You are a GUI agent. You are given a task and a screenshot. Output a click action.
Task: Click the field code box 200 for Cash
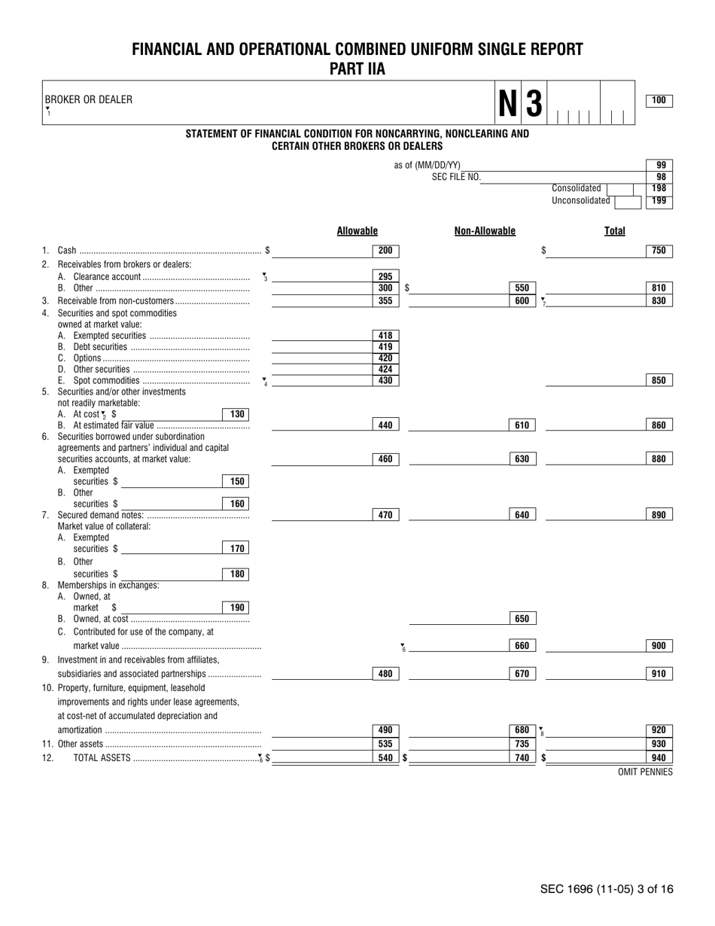(385, 251)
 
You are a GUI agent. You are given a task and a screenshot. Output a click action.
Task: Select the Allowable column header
(357, 231)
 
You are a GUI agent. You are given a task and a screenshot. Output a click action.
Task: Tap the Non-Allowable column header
(485, 231)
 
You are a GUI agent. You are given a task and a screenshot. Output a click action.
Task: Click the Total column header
(614, 231)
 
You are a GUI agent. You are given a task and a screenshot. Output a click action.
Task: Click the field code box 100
(659, 101)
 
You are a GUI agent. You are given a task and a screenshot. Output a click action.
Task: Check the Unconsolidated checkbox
(622, 201)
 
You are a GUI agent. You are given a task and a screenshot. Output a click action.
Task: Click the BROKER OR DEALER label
(88, 99)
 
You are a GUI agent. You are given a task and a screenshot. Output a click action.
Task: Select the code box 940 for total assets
(659, 758)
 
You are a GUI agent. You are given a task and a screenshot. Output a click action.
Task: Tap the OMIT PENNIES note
(645, 772)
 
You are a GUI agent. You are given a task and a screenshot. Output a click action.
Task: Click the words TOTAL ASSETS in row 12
(102, 758)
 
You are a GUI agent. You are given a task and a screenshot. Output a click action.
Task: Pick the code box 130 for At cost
(236, 414)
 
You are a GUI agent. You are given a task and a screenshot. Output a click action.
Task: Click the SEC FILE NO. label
(455, 178)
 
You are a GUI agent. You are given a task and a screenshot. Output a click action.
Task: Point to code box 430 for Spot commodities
(385, 381)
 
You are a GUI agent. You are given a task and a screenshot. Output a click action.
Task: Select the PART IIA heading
(357, 69)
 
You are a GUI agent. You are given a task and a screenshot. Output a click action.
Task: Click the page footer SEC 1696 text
(606, 889)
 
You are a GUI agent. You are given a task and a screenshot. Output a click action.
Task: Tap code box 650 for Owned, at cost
(522, 619)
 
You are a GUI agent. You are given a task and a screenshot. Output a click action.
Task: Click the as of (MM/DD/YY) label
(427, 166)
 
